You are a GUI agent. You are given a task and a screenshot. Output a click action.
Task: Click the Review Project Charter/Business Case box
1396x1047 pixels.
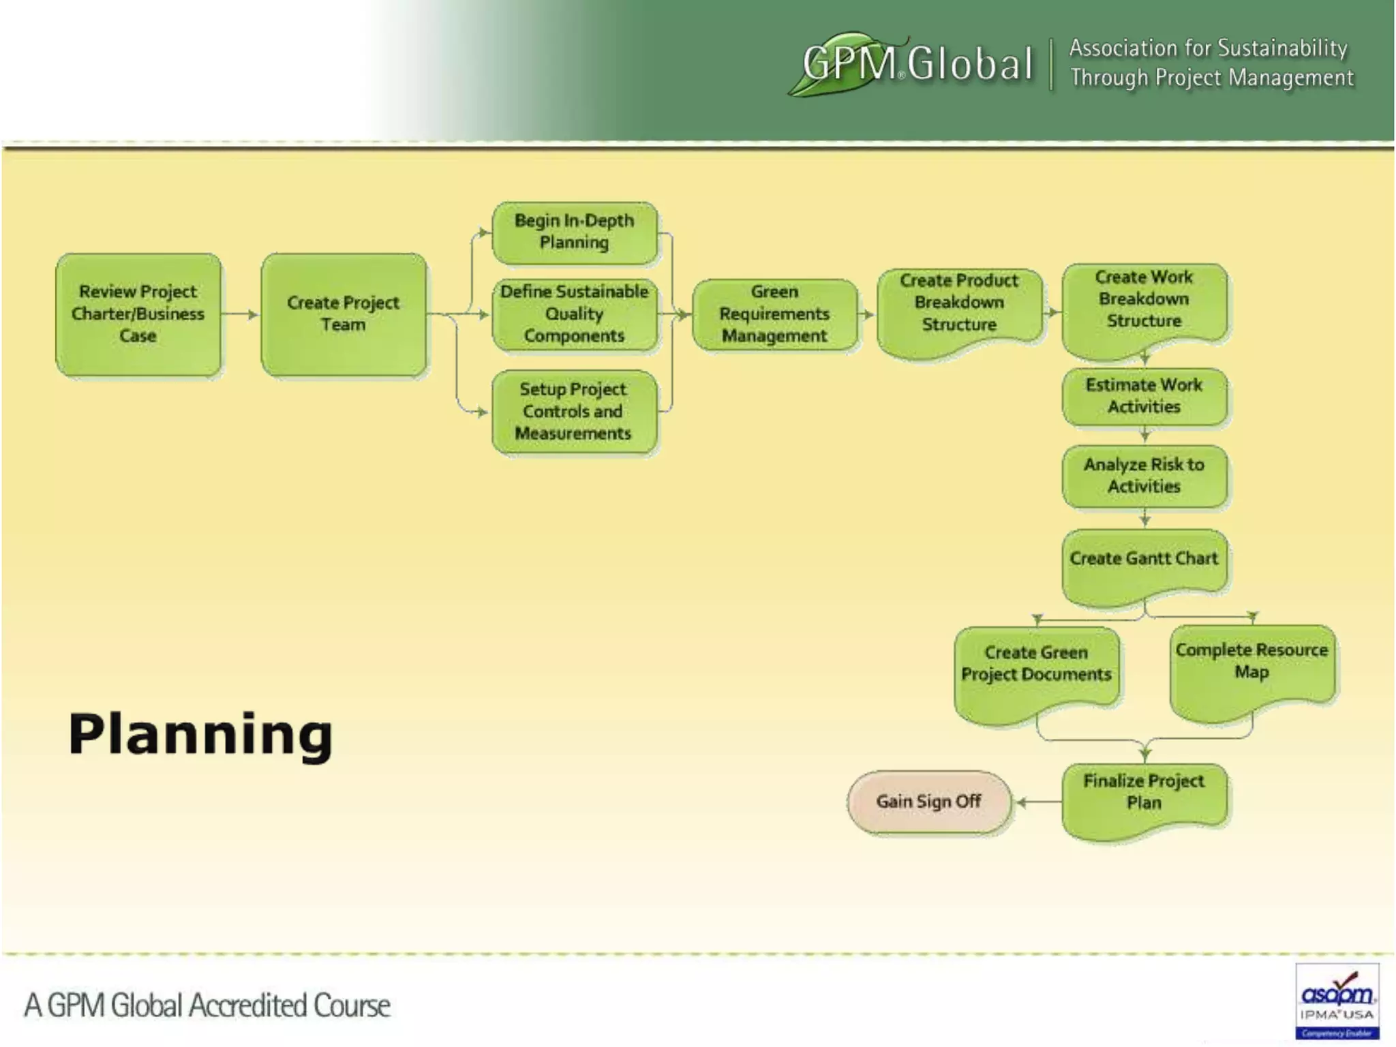click(x=138, y=314)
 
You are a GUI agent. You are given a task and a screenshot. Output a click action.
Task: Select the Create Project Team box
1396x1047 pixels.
click(x=344, y=314)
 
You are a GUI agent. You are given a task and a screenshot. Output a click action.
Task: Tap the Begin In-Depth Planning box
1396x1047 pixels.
click(x=575, y=232)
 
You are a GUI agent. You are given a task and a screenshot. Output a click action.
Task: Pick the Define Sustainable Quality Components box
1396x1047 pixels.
click(x=575, y=314)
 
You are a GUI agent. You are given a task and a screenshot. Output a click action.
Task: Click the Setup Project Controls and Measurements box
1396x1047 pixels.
click(x=574, y=411)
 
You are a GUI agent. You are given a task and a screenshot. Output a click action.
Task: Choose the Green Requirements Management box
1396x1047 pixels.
click(x=774, y=314)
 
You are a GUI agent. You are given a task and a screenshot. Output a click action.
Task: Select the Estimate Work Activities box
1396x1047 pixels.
click(x=1144, y=396)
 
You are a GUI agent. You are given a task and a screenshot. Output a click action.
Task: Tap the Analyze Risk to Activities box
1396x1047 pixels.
click(x=1144, y=476)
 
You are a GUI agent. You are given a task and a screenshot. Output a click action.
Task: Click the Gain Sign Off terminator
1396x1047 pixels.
click(x=929, y=802)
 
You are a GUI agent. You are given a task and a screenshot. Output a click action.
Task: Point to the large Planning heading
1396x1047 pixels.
click(x=200, y=735)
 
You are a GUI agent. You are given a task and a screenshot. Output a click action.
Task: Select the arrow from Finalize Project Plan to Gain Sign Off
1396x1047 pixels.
click(x=1037, y=802)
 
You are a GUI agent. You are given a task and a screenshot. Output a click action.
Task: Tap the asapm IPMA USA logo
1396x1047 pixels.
click(x=1337, y=1001)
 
